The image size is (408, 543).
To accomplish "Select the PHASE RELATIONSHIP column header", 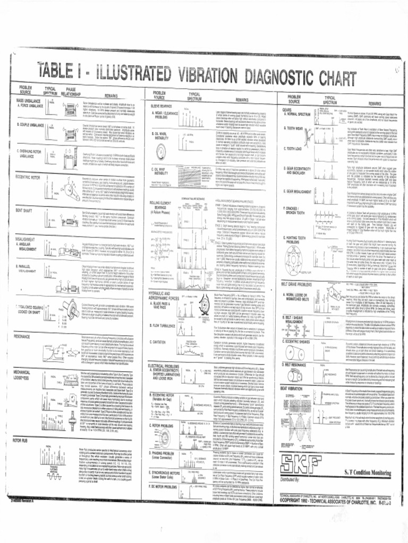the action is coord(71,91).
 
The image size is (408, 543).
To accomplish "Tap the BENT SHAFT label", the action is coord(26,195).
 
